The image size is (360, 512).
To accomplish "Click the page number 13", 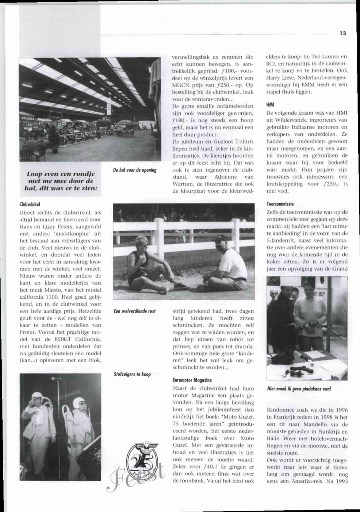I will (342, 33).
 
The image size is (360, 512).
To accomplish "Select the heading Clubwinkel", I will (30, 204).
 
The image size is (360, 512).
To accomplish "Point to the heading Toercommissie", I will (280, 204).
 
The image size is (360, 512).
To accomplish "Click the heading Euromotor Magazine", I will (192, 380).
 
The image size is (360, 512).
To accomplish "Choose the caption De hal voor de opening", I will (135, 170).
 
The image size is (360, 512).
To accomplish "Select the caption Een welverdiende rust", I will (135, 311).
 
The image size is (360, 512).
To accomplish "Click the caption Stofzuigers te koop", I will (132, 374).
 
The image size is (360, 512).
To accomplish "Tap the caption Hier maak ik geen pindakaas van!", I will (299, 389).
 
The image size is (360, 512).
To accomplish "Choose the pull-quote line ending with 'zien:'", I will (61, 188).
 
